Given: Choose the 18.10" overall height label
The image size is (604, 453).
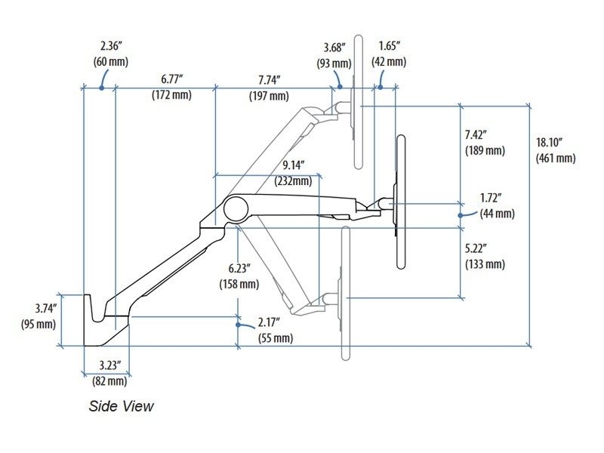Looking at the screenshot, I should click(555, 142).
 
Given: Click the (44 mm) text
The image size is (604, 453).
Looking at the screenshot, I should click(498, 214).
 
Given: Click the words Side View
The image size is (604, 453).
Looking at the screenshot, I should click(121, 406).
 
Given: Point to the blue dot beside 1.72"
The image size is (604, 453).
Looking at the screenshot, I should click(461, 214).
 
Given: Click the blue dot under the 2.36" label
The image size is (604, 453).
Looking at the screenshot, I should click(101, 88).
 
